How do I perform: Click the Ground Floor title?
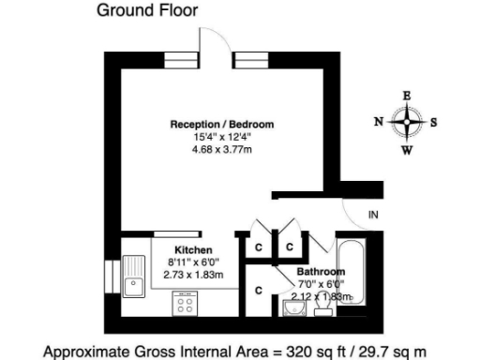147,11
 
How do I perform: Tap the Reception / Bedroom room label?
221,124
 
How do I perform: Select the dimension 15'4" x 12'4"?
221,136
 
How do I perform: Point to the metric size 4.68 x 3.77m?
221,148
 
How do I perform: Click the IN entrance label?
372,217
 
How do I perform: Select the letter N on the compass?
378,122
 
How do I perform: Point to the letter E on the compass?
406,95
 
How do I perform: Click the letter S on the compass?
434,122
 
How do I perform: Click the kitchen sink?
132,281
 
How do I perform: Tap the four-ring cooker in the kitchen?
186,303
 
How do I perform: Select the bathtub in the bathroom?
349,272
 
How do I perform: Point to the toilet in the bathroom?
322,307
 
